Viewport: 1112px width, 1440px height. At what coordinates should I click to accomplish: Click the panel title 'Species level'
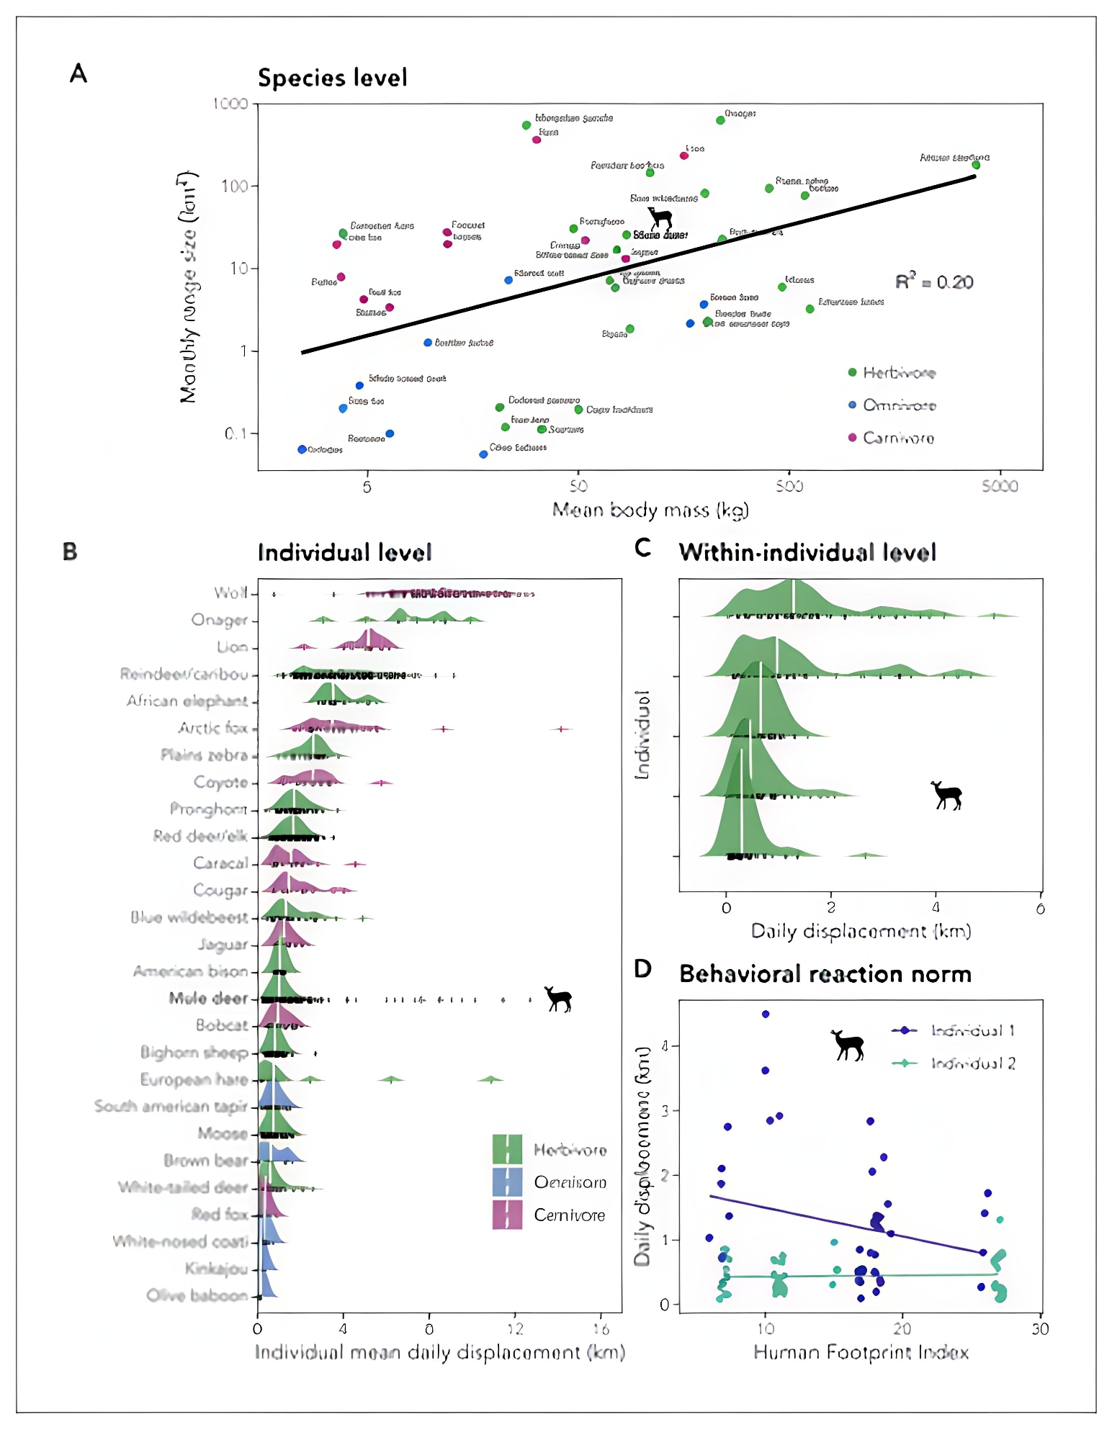click(x=332, y=78)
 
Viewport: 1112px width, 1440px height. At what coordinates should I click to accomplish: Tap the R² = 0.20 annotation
click(x=933, y=282)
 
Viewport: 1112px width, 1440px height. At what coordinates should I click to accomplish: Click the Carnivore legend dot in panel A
click(x=852, y=437)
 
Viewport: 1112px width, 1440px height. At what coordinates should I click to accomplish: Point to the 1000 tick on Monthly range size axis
click(x=230, y=104)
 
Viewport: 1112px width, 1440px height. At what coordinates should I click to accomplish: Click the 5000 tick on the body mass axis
click(x=999, y=487)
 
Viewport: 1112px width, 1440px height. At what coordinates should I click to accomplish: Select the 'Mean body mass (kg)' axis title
click(x=650, y=510)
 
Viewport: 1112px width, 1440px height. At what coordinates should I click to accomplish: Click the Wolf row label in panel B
click(x=230, y=593)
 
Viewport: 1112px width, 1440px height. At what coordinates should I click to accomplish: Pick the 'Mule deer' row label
click(x=208, y=998)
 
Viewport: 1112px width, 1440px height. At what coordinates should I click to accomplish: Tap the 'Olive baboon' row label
click(x=197, y=1295)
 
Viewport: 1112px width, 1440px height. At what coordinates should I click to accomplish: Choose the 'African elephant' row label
click(x=187, y=701)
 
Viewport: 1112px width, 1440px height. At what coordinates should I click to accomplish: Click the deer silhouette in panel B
click(x=558, y=999)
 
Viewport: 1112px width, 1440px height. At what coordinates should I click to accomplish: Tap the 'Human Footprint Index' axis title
click(x=861, y=1352)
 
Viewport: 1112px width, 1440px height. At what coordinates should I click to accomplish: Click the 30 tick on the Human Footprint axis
click(x=1039, y=1329)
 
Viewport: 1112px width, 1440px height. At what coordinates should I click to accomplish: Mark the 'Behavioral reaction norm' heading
click(x=825, y=974)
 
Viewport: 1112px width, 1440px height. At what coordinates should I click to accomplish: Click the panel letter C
click(x=642, y=548)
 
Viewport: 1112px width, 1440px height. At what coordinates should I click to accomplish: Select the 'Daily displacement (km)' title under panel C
click(x=861, y=931)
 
